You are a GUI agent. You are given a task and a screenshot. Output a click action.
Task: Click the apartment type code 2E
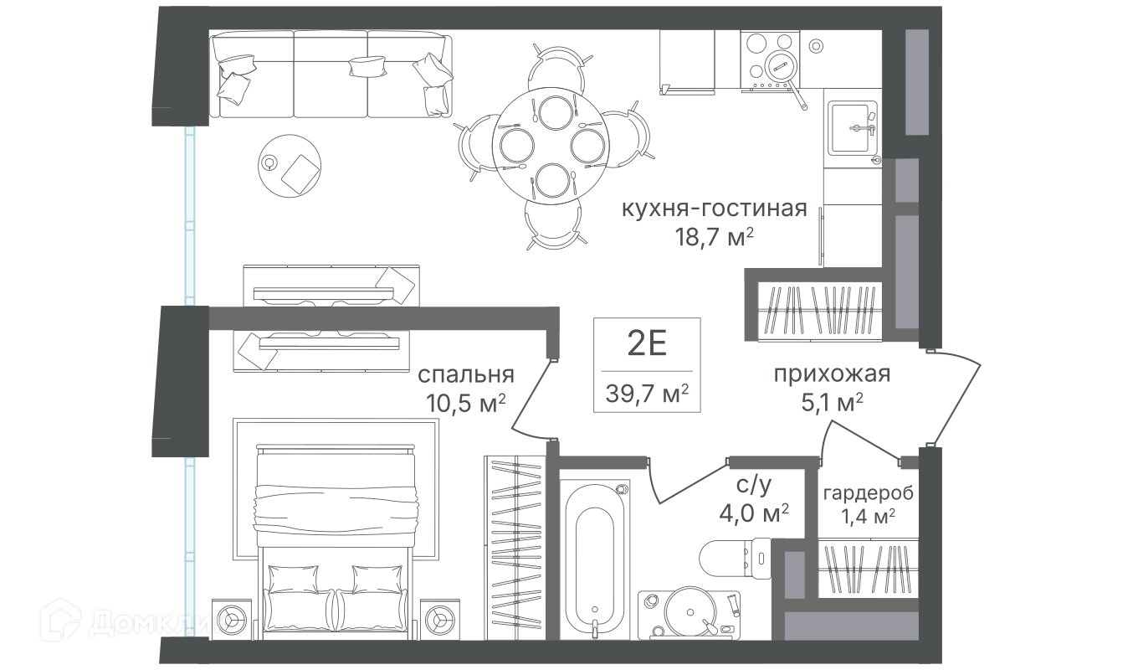(647, 343)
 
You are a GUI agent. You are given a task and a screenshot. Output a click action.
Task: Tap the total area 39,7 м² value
(647, 393)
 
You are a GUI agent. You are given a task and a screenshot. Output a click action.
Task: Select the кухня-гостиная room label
(714, 209)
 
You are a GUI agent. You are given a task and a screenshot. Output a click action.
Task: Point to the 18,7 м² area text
(714, 236)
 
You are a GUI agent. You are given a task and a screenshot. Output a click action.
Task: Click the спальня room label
(465, 374)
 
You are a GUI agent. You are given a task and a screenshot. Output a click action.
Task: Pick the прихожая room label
(832, 374)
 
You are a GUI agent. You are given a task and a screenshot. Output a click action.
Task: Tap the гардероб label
(868, 492)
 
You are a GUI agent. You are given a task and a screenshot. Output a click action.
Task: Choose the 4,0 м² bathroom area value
(754, 513)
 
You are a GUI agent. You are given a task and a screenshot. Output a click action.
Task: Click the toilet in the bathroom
(735, 559)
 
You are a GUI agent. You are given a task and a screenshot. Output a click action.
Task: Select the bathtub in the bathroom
(594, 559)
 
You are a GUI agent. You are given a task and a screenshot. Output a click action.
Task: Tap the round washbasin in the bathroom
(690, 613)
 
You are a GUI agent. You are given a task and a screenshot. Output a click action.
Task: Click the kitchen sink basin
(853, 128)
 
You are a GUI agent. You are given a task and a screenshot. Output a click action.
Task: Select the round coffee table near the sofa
(290, 166)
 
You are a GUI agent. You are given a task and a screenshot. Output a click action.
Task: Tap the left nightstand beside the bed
(231, 620)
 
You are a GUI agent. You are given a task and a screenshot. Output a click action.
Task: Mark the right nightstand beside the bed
(439, 620)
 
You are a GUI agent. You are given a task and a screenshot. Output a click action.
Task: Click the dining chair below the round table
(554, 224)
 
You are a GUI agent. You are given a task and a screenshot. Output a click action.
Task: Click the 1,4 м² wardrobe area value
(868, 516)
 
